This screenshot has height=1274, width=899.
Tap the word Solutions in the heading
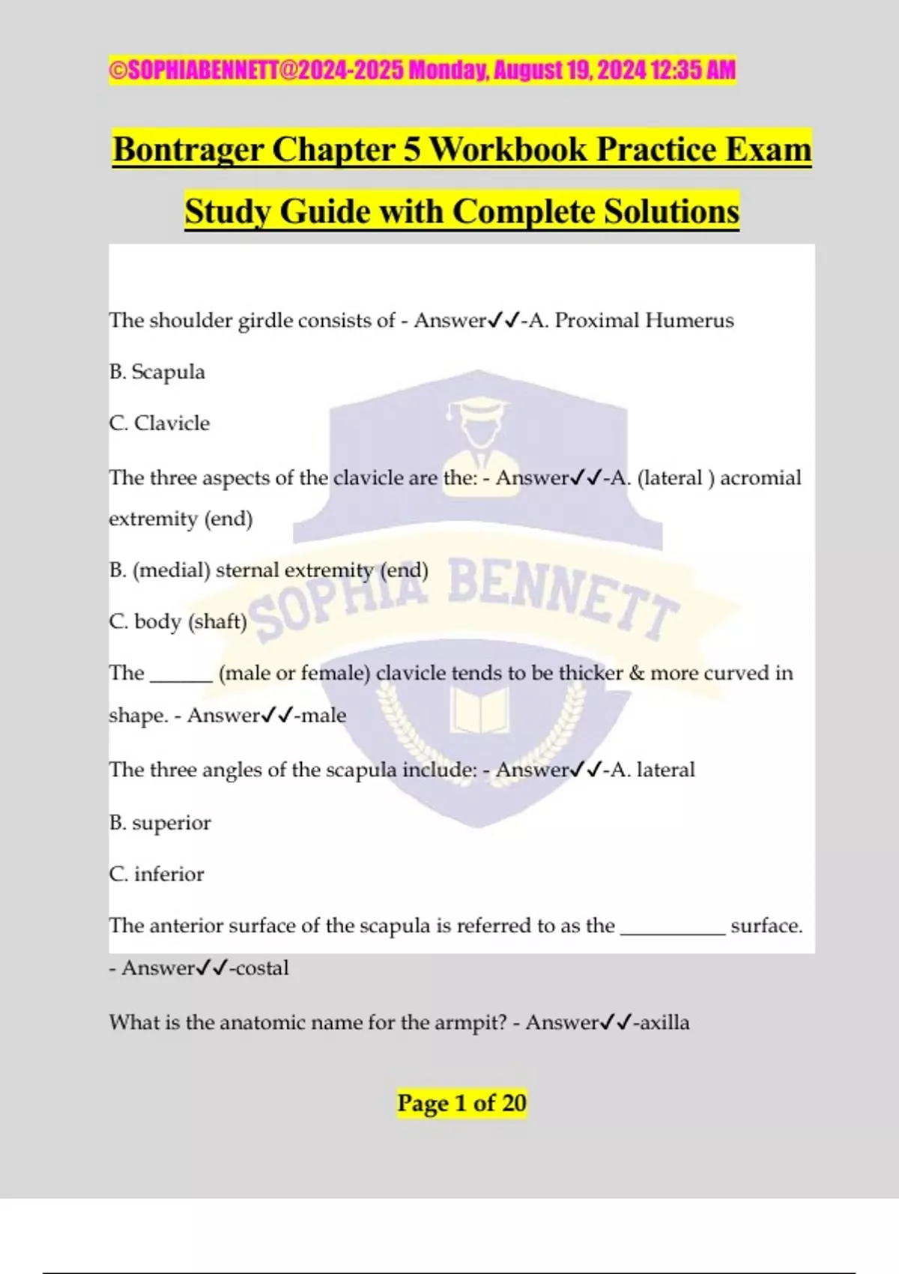tap(671, 211)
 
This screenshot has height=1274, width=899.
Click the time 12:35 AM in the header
tap(693, 70)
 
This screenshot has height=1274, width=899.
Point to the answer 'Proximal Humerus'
tap(644, 321)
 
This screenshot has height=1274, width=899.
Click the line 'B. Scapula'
tap(157, 372)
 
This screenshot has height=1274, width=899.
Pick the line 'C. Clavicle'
tap(159, 423)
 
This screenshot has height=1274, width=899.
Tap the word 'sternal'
tap(248, 570)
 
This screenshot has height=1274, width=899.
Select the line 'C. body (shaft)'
tap(178, 621)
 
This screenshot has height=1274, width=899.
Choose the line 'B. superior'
tap(160, 823)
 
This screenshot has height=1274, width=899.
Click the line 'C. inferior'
tap(156, 875)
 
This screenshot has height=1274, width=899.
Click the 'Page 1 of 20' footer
tap(461, 1103)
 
